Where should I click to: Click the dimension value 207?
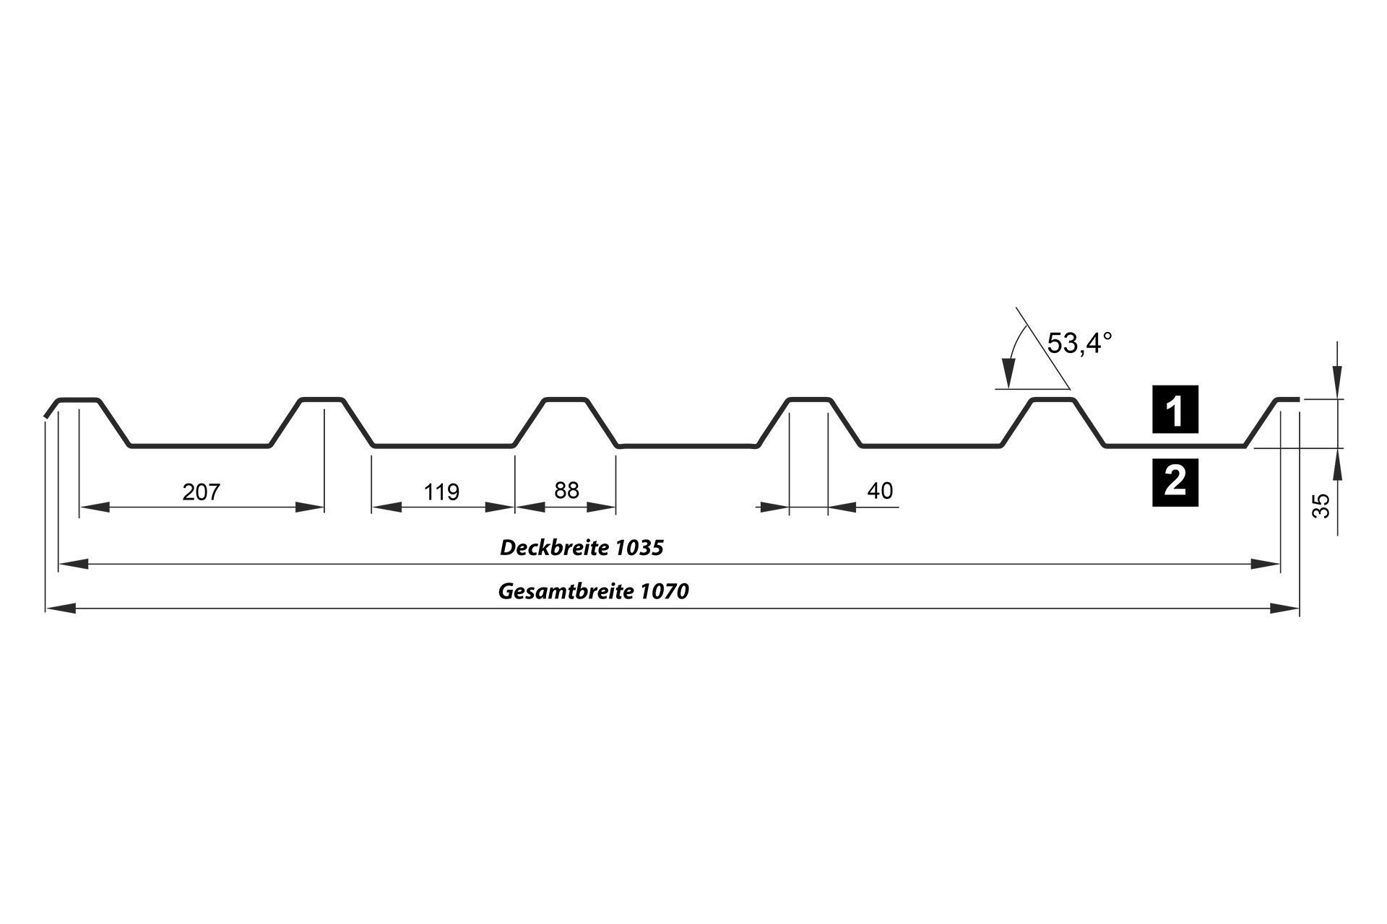click(x=201, y=492)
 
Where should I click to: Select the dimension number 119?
click(x=441, y=492)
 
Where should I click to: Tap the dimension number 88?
click(x=566, y=491)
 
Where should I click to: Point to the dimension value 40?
click(x=880, y=491)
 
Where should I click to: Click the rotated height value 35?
click(x=1321, y=506)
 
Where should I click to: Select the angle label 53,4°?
click(x=1078, y=344)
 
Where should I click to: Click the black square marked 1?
click(x=1175, y=410)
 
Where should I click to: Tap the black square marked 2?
click(x=1175, y=481)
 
